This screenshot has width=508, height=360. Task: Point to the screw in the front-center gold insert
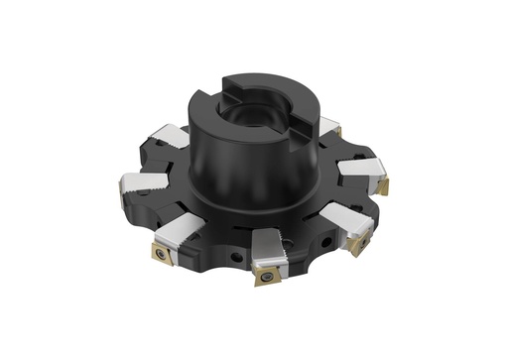pyautogui.click(x=266, y=275)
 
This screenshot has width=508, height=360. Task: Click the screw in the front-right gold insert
pyautogui.click(x=360, y=240)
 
